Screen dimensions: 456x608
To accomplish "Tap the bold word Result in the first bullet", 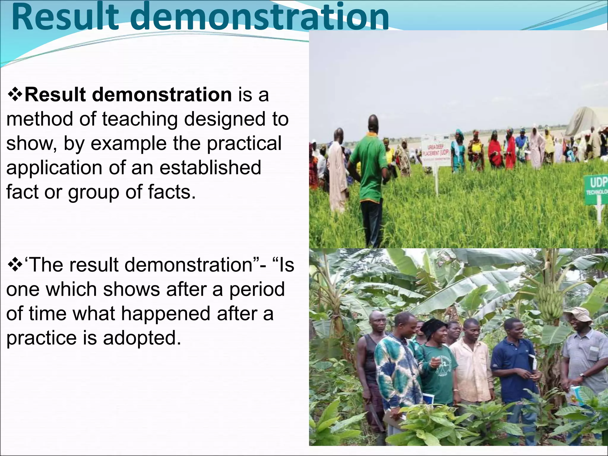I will point(55,95).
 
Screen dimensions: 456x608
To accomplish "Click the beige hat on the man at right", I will point(578,315).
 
